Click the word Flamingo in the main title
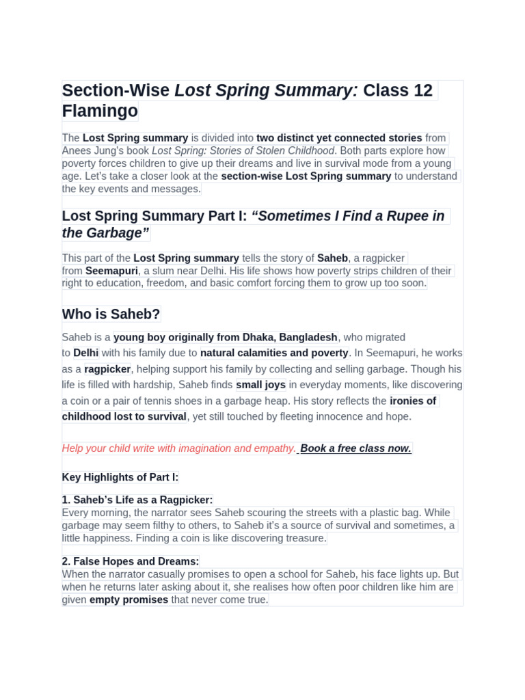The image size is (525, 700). [100, 111]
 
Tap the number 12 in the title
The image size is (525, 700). [422, 90]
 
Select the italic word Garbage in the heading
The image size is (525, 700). [117, 233]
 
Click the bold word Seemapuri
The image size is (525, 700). [111, 271]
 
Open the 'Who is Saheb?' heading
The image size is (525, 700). [111, 314]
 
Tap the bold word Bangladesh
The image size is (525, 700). [308, 337]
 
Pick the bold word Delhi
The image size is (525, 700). [86, 353]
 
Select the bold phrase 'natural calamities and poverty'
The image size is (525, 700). [274, 353]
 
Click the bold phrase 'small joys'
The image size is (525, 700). [261, 385]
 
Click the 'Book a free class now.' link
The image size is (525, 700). [355, 448]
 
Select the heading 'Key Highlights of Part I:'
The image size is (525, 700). [120, 477]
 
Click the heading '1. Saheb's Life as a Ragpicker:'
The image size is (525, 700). [137, 500]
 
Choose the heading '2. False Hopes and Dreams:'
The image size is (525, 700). [131, 561]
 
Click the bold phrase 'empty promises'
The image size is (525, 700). [129, 600]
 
